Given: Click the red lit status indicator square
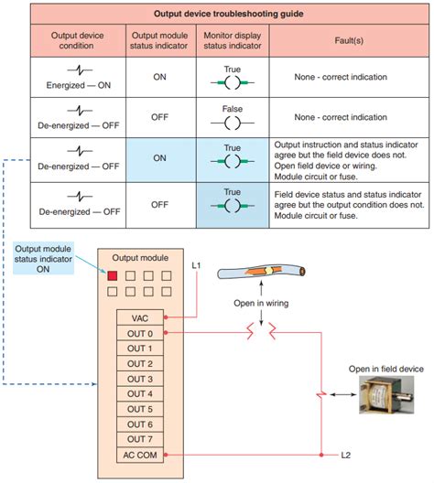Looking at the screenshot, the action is pos(113,275).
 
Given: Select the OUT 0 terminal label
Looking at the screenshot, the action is pos(140,333).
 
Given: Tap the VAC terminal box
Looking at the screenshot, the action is pos(140,318).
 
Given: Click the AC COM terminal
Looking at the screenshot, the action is pos(140,455).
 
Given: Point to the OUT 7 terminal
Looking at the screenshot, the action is pos(140,439).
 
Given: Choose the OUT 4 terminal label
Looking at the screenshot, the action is pos(140,394).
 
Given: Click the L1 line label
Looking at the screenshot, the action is pos(196,265).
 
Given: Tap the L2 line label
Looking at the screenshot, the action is pos(345,455).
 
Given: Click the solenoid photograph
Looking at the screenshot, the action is pos(386,394).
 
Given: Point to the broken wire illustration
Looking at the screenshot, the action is pos(261,272).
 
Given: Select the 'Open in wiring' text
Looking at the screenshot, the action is pos(261,303).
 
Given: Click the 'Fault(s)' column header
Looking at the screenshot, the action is pos(349,40).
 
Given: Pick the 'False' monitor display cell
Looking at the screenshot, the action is pos(233,118).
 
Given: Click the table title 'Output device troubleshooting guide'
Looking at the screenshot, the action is pos(228,14).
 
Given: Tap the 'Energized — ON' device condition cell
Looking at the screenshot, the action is pos(79,78).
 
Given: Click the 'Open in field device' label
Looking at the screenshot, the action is pos(385,369).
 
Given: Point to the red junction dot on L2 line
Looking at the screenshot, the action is pos(321,455).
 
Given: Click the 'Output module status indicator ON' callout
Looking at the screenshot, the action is pos(43,258).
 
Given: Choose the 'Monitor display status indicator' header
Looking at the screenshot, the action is pos(233,40).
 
